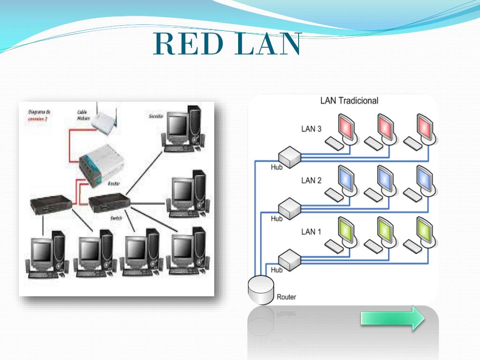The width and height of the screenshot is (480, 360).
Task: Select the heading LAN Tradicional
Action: point(349,100)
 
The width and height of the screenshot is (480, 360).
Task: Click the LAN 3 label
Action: point(311,129)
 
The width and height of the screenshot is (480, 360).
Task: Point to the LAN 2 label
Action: point(311,180)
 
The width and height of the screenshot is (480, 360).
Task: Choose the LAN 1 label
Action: point(311,232)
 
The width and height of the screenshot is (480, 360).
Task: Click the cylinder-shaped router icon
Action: point(260,290)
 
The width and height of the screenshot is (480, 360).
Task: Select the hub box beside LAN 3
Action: point(289,156)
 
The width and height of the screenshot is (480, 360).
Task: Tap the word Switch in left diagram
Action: point(116,218)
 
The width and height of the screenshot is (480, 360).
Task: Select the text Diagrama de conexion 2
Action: point(39,115)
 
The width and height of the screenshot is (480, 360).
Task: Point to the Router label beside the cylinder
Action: point(286,297)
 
